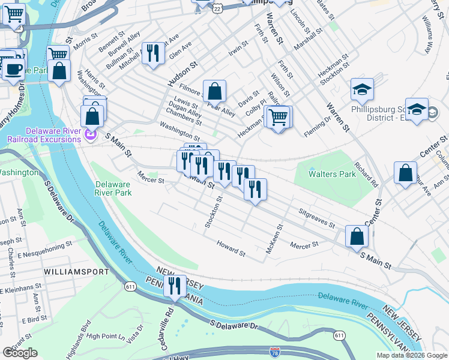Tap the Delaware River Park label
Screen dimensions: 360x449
click(x=113, y=189)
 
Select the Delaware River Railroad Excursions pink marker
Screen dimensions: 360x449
click(x=91, y=136)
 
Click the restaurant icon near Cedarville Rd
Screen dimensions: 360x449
click(x=175, y=286)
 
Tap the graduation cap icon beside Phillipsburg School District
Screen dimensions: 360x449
click(x=362, y=90)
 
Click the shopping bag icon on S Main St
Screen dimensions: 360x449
click(x=357, y=236)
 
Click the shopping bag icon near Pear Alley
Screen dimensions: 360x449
click(x=214, y=92)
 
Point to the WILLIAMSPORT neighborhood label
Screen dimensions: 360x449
click(x=76, y=271)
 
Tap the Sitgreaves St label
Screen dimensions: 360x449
click(x=316, y=217)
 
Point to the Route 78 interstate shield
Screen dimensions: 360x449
click(x=275, y=352)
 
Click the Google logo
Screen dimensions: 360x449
click(x=20, y=353)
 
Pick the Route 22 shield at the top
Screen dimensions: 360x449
click(x=217, y=8)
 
